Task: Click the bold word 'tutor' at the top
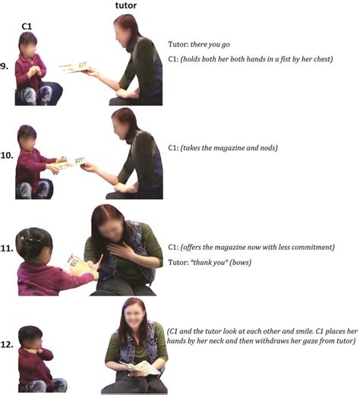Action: pos(126,5)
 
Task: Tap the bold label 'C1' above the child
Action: pos(27,27)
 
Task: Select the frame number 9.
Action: pos(5,67)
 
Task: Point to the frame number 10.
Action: pos(7,155)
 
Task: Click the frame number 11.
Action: pos(7,248)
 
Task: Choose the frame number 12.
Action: pos(7,344)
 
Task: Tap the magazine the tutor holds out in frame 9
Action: pos(74,68)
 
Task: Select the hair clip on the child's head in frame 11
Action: pos(30,239)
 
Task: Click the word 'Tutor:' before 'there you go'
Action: pos(178,44)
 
